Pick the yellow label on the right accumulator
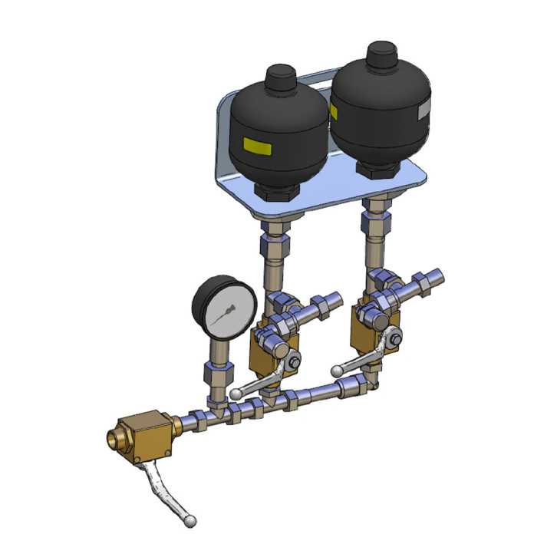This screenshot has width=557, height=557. point(334,112)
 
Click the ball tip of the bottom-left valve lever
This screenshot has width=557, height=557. point(190,522)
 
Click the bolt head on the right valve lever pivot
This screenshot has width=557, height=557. point(393,336)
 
